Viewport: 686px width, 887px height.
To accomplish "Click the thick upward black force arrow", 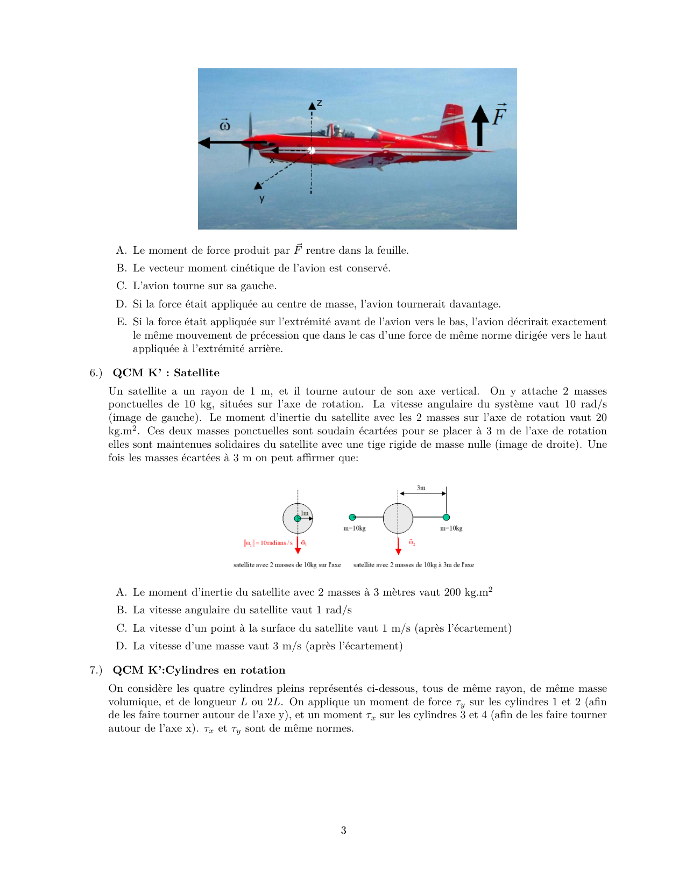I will pos(480,126).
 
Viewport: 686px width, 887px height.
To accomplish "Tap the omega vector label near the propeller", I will pos(225,125).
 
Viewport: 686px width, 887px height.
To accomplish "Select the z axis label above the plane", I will pos(319,103).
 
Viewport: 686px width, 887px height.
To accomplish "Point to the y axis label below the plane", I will pos(262,198).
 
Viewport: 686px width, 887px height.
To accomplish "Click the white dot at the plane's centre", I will pos(312,151).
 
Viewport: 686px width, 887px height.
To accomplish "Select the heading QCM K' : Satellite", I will pos(166,373).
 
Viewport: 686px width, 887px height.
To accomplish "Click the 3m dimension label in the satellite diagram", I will pos(421,488).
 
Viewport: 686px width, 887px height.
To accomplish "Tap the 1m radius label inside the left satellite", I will pos(305,513).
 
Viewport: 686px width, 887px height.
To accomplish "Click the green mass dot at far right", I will pos(446,517).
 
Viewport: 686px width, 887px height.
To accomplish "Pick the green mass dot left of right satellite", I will pos(352,517).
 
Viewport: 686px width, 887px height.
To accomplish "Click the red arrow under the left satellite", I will pos(298,545).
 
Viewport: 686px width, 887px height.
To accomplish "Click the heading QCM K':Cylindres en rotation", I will pos(199,670).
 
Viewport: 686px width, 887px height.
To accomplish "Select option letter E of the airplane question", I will pos(121,322).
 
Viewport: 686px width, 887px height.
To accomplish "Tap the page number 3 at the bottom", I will pos(343,830).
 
